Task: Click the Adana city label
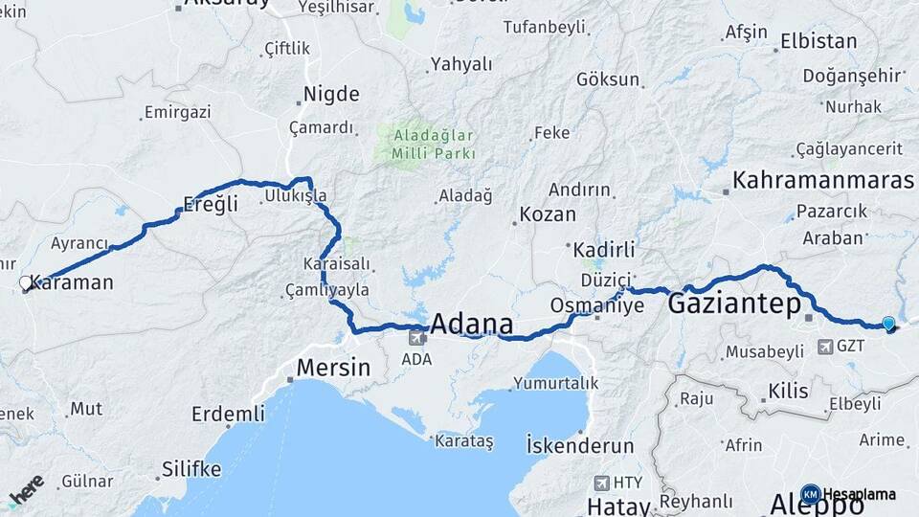click(471, 323)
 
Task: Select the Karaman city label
click(72, 282)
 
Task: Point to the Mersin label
click(333, 367)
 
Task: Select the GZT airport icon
click(824, 347)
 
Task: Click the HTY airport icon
click(602, 483)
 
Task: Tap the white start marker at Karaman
click(26, 283)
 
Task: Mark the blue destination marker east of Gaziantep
click(889, 325)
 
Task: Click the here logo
click(26, 492)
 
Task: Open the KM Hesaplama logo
click(850, 494)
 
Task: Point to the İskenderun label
click(580, 445)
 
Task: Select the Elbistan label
click(818, 41)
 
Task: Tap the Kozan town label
click(548, 214)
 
